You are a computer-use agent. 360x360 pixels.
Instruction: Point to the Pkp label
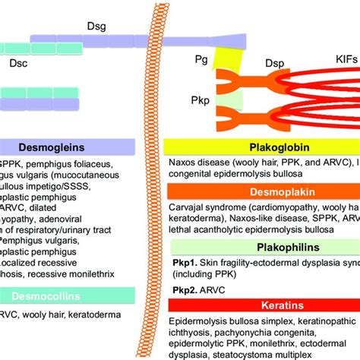pyautogui.click(x=201, y=98)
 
